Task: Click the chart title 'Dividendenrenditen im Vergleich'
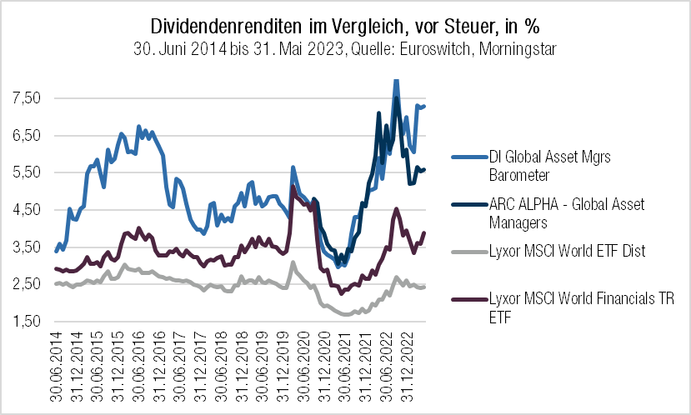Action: click(x=344, y=24)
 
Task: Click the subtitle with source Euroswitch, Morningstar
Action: click(x=344, y=49)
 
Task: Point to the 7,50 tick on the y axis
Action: click(x=27, y=98)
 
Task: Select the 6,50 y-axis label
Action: click(x=27, y=136)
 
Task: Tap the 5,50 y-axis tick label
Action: click(x=27, y=172)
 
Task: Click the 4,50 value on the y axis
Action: click(x=27, y=210)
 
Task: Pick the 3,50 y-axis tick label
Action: click(x=27, y=247)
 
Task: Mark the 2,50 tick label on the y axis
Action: click(x=27, y=284)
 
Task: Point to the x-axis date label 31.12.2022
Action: click(x=410, y=364)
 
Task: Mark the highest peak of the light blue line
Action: click(x=395, y=80)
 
